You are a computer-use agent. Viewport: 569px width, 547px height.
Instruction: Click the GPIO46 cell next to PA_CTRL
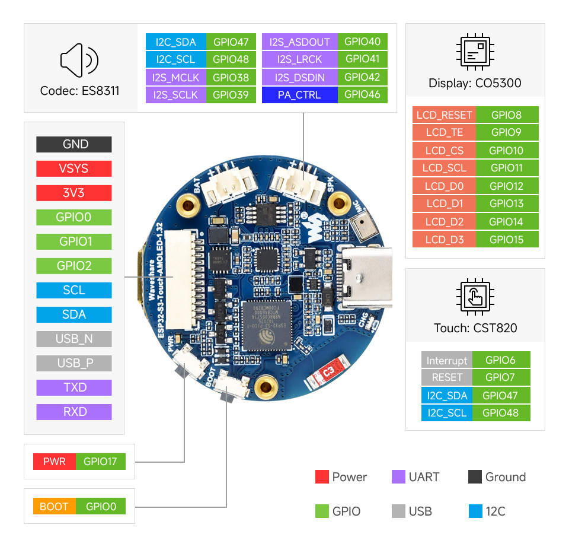[362, 95]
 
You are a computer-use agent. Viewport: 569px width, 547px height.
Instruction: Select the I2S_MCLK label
[175, 77]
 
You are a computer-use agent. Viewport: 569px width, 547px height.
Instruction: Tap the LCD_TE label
[444, 132]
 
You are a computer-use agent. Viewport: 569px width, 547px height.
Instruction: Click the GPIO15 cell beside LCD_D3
[506, 240]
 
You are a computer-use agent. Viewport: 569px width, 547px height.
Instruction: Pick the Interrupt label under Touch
[446, 360]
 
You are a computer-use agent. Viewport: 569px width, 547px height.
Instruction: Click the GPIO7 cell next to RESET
[500, 377]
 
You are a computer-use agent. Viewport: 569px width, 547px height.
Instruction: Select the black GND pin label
[73, 144]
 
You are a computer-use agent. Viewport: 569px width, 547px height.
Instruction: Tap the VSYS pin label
[73, 168]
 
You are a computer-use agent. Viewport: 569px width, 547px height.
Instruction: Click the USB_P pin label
[73, 363]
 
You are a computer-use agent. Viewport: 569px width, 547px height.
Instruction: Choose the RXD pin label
[73, 412]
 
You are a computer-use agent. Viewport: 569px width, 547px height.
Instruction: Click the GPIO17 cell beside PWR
[100, 462]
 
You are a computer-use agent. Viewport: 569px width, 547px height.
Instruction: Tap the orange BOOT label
[53, 507]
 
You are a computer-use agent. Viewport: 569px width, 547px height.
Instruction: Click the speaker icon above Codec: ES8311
[79, 60]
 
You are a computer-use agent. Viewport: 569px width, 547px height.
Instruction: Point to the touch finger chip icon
[475, 295]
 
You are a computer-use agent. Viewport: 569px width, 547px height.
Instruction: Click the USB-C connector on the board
[362, 278]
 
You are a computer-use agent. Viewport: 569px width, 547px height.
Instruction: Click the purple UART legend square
[398, 477]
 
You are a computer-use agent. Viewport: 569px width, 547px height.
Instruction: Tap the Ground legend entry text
[505, 477]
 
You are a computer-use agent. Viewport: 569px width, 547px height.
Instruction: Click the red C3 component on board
[327, 371]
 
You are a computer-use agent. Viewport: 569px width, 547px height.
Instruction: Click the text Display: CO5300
[475, 83]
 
